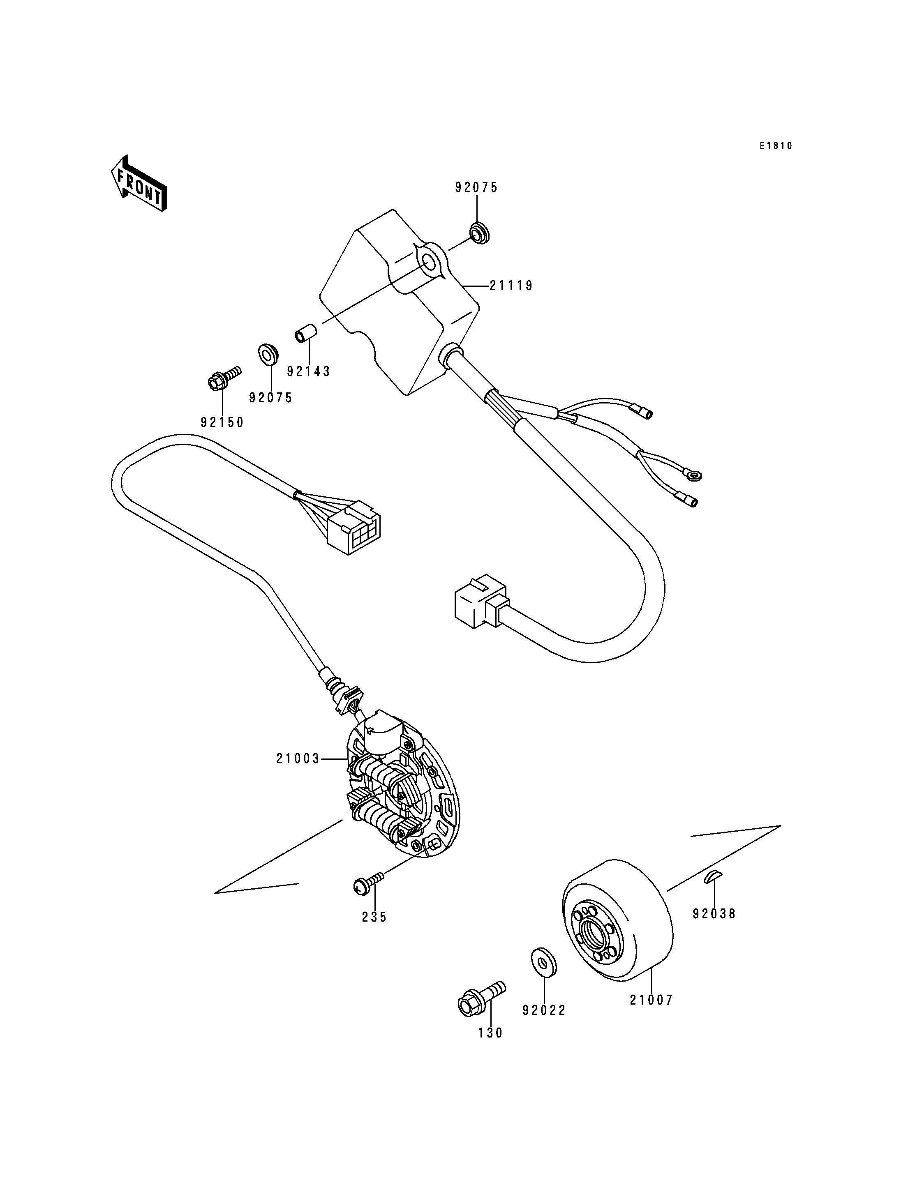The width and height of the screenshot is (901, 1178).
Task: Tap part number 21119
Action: tap(511, 286)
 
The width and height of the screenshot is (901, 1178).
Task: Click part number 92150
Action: tap(222, 422)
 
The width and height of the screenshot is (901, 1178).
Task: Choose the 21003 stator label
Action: tap(298, 759)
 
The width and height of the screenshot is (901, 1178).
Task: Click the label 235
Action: tap(374, 918)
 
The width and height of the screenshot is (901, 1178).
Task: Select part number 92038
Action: tap(714, 914)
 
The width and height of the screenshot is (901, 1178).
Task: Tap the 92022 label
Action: tap(544, 1010)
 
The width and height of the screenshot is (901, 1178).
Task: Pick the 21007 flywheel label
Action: tap(651, 1000)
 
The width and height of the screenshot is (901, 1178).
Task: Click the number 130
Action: tap(491, 1033)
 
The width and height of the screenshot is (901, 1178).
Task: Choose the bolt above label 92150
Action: tap(224, 378)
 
